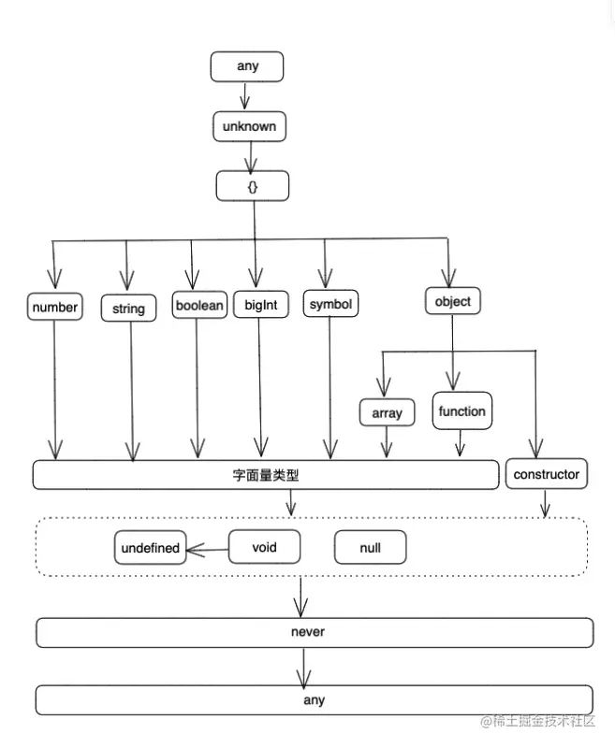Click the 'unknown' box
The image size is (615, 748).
click(248, 126)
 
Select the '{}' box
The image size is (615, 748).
click(253, 186)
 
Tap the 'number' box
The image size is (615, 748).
click(54, 307)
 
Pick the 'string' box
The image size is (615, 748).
click(128, 309)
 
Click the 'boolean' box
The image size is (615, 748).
click(200, 306)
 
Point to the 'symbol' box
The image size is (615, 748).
click(331, 306)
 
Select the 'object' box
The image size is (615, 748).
click(453, 302)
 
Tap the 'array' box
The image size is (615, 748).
click(387, 412)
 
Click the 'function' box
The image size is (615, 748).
click(461, 410)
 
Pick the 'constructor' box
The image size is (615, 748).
click(547, 474)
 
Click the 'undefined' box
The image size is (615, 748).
click(150, 548)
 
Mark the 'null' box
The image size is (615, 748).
click(370, 548)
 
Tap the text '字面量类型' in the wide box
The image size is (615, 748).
click(266, 475)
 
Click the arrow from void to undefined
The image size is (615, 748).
click(206, 549)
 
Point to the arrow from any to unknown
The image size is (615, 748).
click(246, 96)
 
